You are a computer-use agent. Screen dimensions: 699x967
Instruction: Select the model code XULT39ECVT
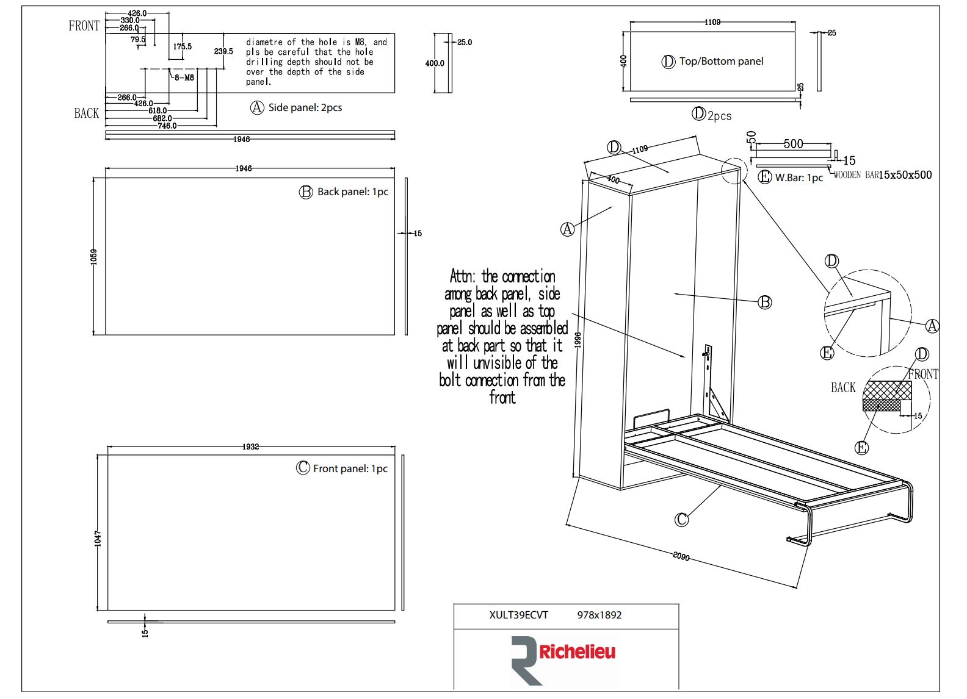click(x=518, y=615)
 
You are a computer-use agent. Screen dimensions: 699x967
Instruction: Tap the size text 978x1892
click(x=599, y=615)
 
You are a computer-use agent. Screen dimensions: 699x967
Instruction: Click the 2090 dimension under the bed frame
click(x=681, y=556)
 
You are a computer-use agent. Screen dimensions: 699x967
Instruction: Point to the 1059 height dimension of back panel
click(x=94, y=256)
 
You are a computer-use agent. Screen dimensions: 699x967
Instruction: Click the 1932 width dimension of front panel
click(x=250, y=446)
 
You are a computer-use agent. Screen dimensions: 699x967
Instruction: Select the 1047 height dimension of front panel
click(x=98, y=538)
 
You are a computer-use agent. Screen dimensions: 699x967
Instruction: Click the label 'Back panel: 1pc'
click(x=352, y=192)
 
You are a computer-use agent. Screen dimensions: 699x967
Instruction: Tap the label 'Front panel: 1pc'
click(x=350, y=468)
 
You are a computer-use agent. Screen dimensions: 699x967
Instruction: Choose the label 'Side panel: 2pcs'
click(x=305, y=107)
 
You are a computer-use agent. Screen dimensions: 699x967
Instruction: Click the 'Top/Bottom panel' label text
click(x=721, y=61)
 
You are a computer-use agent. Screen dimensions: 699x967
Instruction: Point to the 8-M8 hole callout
click(x=184, y=77)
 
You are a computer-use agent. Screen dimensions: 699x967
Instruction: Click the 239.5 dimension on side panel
click(x=223, y=51)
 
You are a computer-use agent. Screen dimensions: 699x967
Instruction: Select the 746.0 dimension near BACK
click(x=167, y=126)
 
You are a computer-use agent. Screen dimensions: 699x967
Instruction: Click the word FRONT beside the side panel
click(x=84, y=26)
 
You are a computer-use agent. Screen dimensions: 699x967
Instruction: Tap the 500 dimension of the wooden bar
click(x=793, y=143)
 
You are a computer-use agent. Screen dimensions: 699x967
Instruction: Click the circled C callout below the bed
click(x=681, y=519)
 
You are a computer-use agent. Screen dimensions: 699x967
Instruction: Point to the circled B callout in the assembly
click(x=764, y=302)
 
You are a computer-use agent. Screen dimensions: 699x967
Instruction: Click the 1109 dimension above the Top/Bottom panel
click(x=712, y=22)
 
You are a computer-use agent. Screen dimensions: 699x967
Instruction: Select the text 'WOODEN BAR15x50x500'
click(x=882, y=175)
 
